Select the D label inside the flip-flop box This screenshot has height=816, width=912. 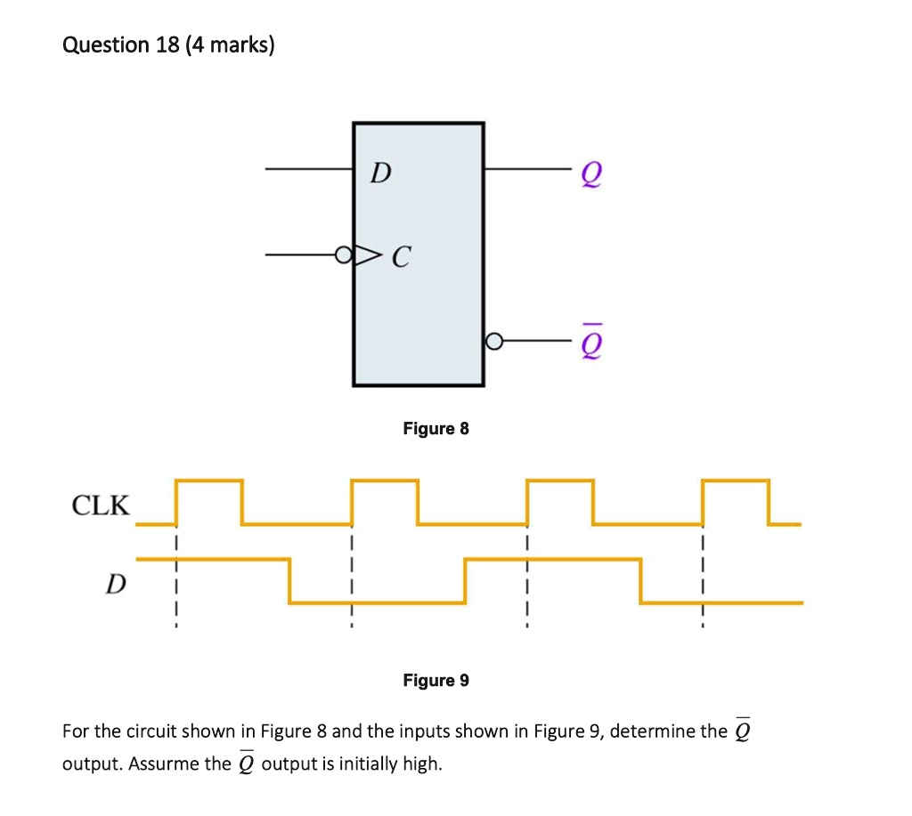tap(379, 173)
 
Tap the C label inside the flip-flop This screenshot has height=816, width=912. tap(401, 259)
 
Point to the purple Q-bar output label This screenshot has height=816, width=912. tap(589, 343)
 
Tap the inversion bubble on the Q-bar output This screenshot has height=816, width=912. tap(494, 342)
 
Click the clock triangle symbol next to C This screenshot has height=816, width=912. tap(365, 256)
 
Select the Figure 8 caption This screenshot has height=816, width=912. tap(436, 429)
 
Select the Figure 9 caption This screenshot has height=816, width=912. tap(436, 681)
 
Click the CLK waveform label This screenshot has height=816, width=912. tap(100, 506)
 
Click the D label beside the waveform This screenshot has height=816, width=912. tap(115, 585)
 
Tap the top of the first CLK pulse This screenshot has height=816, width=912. tap(209, 481)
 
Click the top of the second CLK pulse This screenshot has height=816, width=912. tap(385, 481)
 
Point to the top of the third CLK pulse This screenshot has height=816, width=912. tap(560, 481)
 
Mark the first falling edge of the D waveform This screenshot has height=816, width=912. tap(290, 581)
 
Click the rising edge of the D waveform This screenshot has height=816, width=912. tap(466, 581)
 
